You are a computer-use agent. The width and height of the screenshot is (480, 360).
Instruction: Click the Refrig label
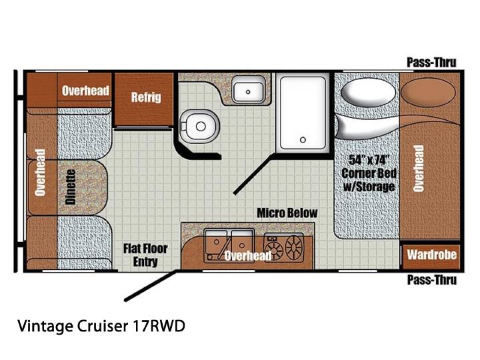tap(146, 97)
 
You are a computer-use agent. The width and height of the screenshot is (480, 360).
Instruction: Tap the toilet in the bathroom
tap(199, 125)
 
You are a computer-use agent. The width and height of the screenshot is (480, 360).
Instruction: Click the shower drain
tap(303, 140)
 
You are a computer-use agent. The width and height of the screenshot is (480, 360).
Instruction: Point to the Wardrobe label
tap(431, 255)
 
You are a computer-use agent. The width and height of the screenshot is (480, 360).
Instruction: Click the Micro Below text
tap(287, 213)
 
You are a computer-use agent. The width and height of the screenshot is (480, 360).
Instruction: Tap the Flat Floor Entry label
tap(145, 255)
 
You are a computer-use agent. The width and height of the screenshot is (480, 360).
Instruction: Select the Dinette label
tap(71, 187)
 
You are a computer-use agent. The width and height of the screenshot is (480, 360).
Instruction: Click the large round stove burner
tap(294, 247)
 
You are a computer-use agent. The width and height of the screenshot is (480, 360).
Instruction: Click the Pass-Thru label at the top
tap(431, 63)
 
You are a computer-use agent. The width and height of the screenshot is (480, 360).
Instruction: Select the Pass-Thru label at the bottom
tap(431, 280)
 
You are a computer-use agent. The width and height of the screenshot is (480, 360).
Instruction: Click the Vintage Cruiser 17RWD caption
tap(101, 326)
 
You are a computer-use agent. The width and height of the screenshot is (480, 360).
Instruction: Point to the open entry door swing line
tap(151, 285)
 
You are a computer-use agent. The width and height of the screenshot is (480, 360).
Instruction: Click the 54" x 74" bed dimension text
tap(369, 160)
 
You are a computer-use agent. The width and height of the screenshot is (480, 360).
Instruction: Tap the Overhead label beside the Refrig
tap(85, 91)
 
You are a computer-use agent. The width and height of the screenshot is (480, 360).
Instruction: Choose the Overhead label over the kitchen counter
tap(248, 255)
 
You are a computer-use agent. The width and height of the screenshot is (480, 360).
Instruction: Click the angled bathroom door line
tap(253, 174)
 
